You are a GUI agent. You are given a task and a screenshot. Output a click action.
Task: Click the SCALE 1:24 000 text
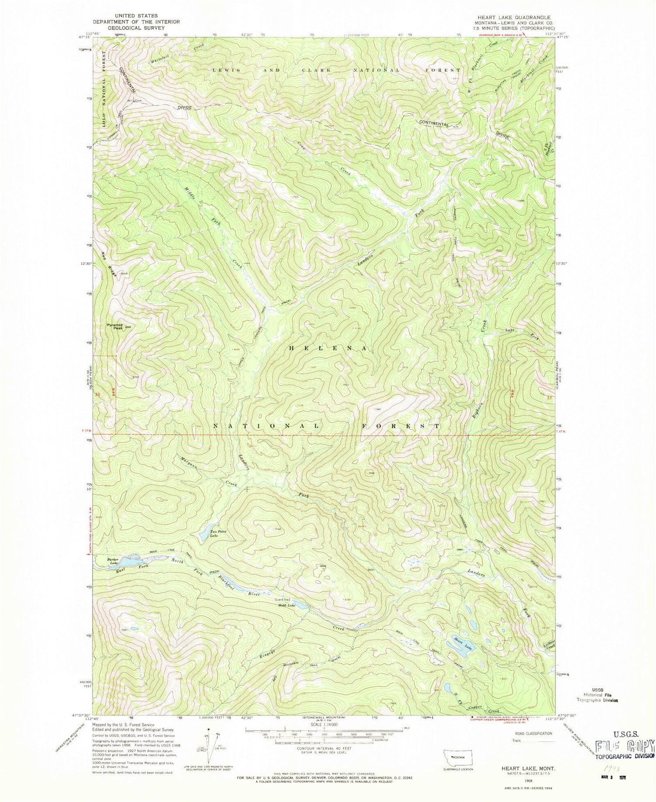pyautogui.click(x=324, y=724)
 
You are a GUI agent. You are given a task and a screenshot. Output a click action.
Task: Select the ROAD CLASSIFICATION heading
pyautogui.click(x=533, y=733)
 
